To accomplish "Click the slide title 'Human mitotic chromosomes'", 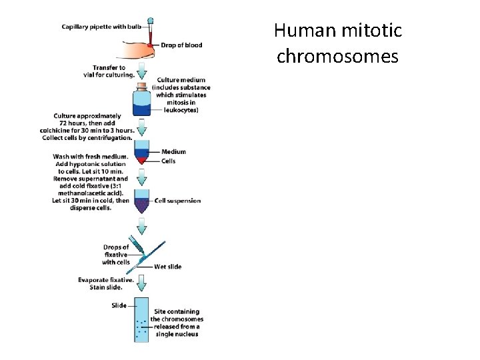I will tap(337, 43).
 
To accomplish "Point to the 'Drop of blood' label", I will tap(181, 45).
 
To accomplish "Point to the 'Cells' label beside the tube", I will tap(169, 161).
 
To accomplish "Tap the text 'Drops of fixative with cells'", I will tap(116, 255).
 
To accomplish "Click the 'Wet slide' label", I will tap(167, 267).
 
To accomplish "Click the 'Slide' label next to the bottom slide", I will tap(118, 306).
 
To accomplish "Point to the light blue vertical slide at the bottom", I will tap(141, 320).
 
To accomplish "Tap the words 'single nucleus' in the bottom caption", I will tap(177, 334).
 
